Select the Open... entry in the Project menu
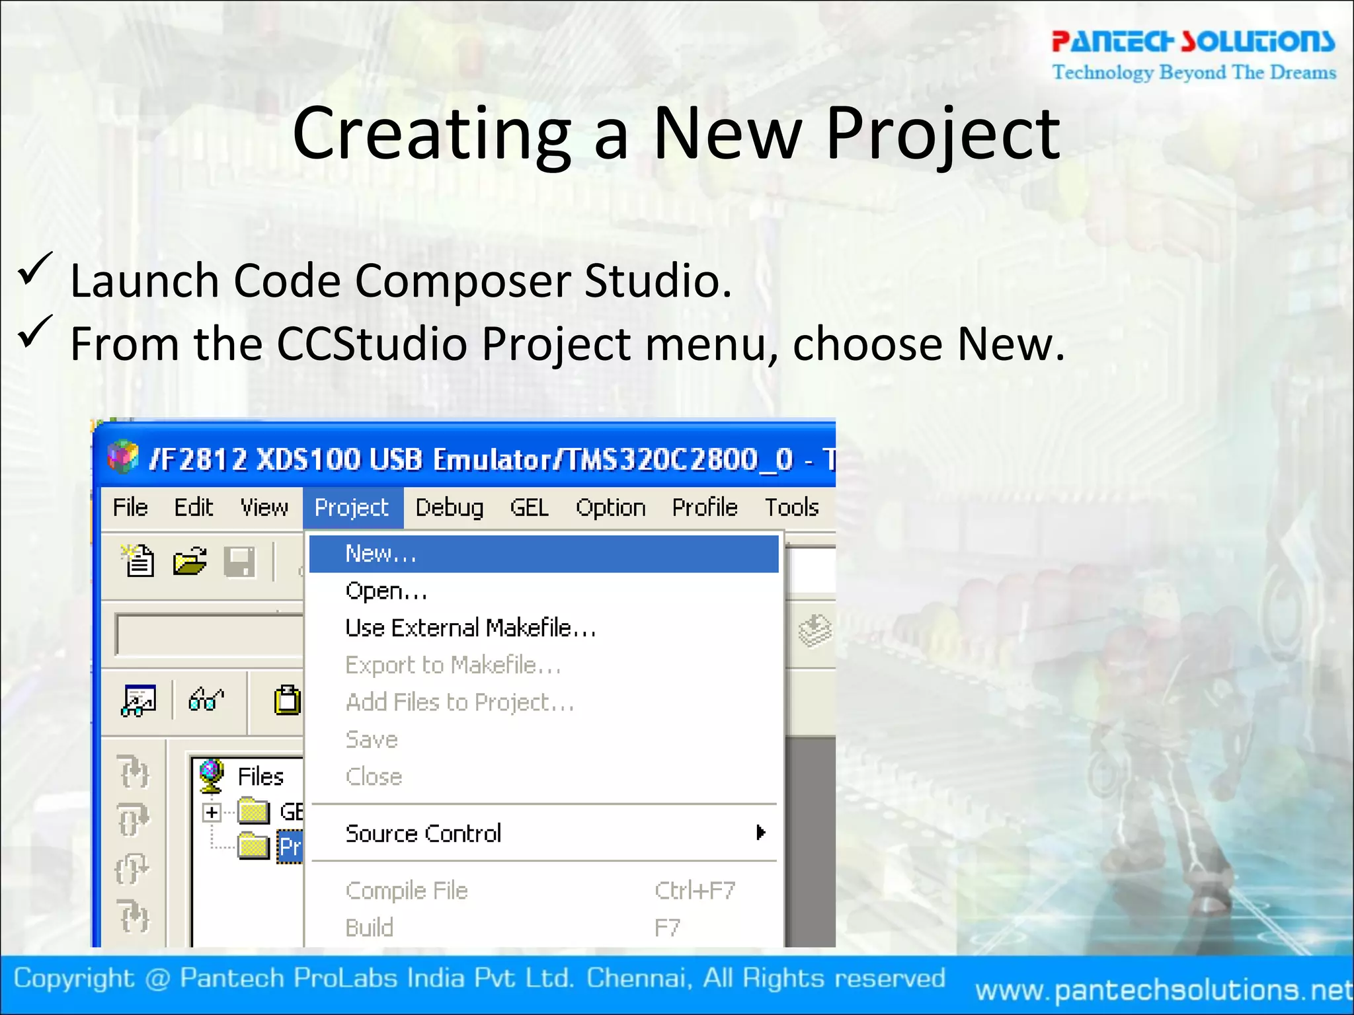tap(386, 591)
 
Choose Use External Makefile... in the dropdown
tap(470, 628)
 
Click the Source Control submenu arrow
tap(761, 833)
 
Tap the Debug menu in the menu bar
tap(449, 507)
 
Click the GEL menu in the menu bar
tap(529, 507)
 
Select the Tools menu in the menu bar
tap(791, 507)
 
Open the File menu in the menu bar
tap(130, 507)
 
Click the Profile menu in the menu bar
tap(704, 507)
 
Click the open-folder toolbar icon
tap(190, 562)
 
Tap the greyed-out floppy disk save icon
tap(239, 562)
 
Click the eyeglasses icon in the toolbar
tap(206, 699)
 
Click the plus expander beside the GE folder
tap(212, 812)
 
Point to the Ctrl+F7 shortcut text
tap(694, 891)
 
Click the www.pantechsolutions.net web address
tap(1164, 990)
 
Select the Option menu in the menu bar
tap(610, 507)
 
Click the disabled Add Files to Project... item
tap(459, 702)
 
